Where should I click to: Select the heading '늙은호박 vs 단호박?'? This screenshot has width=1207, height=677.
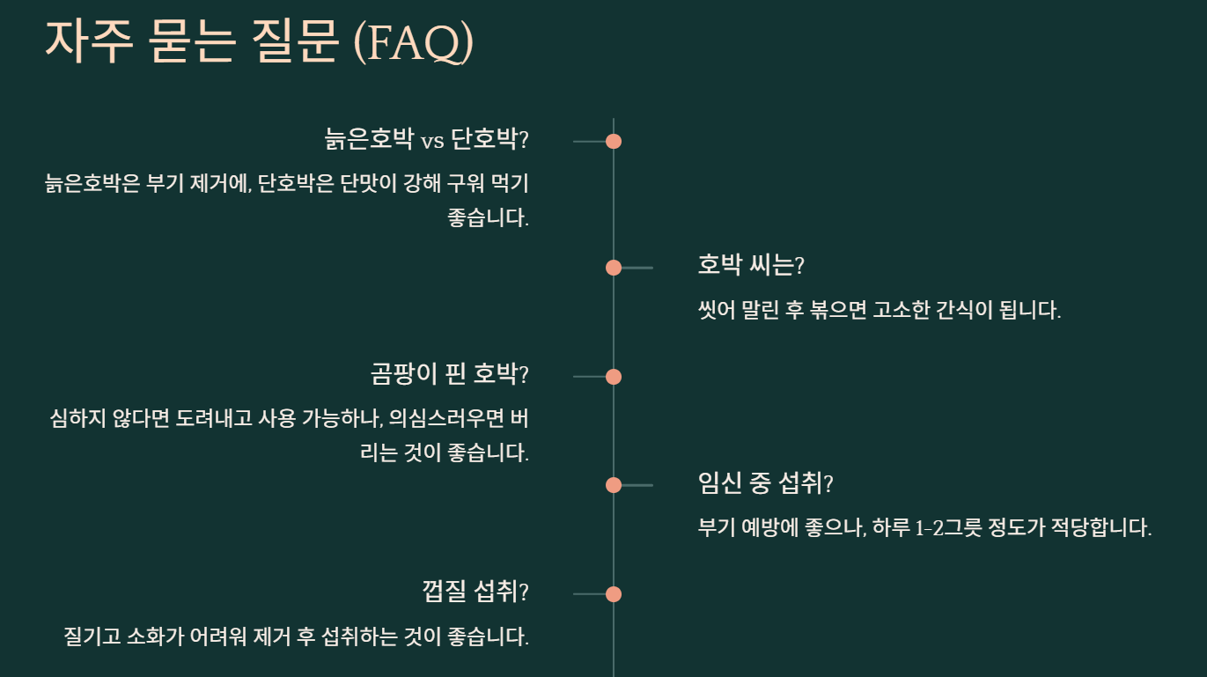click(x=427, y=139)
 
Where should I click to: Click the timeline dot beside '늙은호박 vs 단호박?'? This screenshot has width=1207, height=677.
click(x=614, y=141)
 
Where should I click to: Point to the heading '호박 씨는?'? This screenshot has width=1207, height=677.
click(x=751, y=264)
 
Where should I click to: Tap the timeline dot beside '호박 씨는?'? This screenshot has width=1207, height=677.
click(x=614, y=268)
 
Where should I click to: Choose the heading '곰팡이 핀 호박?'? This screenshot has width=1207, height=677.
click(x=450, y=374)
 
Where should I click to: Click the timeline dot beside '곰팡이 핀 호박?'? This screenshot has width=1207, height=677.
click(x=614, y=377)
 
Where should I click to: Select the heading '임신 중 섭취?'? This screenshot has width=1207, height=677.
click(x=765, y=482)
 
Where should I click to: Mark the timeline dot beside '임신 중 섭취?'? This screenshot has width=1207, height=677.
click(x=614, y=485)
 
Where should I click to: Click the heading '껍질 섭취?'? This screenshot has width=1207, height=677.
click(x=475, y=592)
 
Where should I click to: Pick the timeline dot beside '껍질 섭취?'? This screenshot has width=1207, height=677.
click(x=614, y=594)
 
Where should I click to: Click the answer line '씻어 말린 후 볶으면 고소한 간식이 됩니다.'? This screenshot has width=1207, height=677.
click(x=879, y=310)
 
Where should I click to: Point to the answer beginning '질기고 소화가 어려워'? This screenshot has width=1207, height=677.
click(x=297, y=636)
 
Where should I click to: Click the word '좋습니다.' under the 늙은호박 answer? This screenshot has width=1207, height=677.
click(x=489, y=217)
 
